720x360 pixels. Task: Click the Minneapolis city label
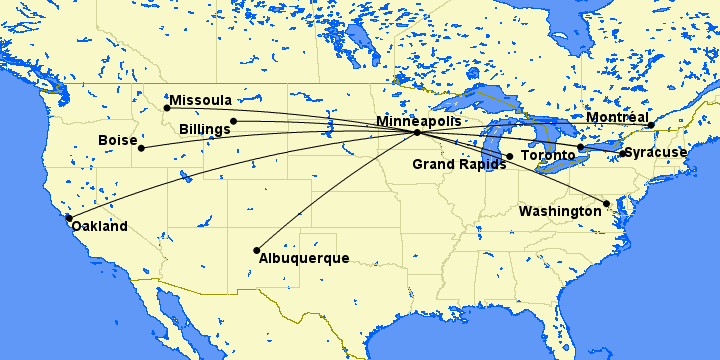click(419, 121)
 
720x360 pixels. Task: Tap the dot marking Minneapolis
click(417, 132)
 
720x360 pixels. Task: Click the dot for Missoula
click(167, 107)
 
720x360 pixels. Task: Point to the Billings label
click(206, 130)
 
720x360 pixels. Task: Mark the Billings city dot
click(234, 121)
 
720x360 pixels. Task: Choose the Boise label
click(118, 141)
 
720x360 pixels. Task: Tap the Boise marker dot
click(141, 148)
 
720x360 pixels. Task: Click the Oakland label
click(99, 227)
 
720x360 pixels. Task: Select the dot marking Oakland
click(69, 217)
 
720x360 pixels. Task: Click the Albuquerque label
click(304, 259)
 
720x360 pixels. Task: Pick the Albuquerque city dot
click(257, 250)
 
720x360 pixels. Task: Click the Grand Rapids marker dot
click(509, 156)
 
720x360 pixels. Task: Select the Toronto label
click(549, 157)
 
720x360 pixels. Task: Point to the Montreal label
click(617, 118)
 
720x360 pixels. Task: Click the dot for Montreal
click(650, 126)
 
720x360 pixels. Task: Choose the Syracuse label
click(656, 153)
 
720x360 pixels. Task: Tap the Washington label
click(560, 212)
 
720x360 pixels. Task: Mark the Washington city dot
click(607, 204)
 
